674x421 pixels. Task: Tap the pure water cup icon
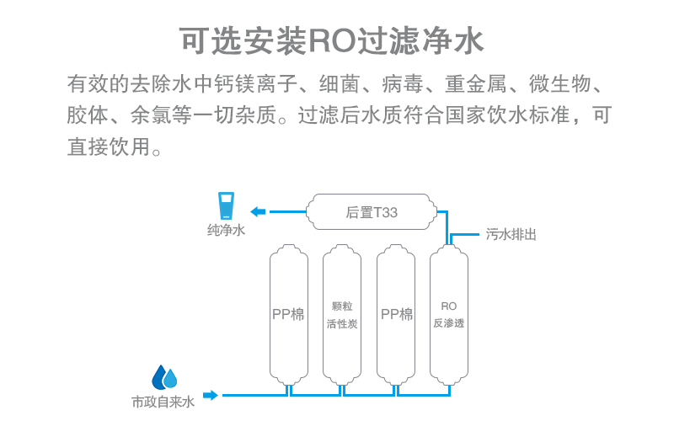click(227, 208)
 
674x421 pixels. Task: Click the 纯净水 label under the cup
click(227, 230)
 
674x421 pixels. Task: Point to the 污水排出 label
click(511, 234)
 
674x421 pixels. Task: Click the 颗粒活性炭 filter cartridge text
click(341, 314)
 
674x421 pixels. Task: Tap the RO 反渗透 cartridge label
click(448, 314)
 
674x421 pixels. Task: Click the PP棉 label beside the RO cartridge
click(396, 314)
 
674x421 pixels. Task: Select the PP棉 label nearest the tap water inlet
click(287, 314)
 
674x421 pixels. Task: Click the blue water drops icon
click(164, 376)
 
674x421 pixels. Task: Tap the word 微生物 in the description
click(561, 85)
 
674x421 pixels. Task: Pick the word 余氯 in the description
click(151, 115)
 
